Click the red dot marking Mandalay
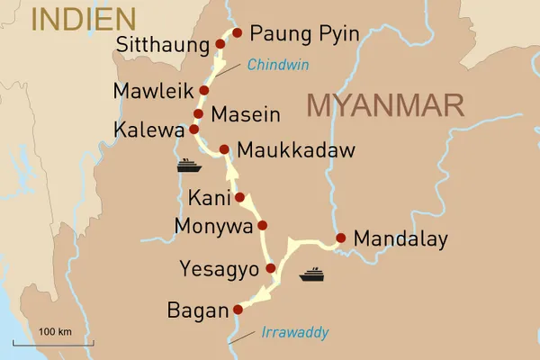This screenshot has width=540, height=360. [340, 238]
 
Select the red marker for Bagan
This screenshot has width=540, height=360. [238, 310]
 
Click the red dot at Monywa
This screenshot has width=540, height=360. [262, 225]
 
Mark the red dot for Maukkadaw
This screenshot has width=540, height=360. [224, 148]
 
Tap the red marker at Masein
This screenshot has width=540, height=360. [198, 113]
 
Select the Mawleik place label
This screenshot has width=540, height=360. [153, 91]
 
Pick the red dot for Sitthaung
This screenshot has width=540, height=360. [220, 43]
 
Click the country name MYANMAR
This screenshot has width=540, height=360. [385, 105]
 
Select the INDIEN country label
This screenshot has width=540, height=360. [83, 18]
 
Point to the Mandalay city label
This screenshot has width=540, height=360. [400, 239]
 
